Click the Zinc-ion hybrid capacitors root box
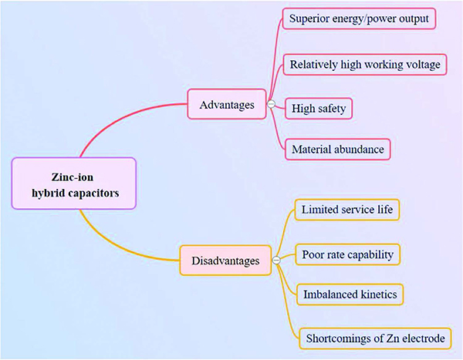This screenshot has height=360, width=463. click(x=74, y=183)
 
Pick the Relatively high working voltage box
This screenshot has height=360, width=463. click(x=364, y=64)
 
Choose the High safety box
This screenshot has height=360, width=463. click(x=318, y=109)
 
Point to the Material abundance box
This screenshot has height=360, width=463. click(x=337, y=147)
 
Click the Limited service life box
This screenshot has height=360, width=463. click(x=348, y=210)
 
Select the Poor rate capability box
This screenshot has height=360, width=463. click(x=347, y=254)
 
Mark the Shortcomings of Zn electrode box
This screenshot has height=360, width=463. click(x=371, y=338)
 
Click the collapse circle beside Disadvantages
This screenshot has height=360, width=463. click(x=277, y=261)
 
